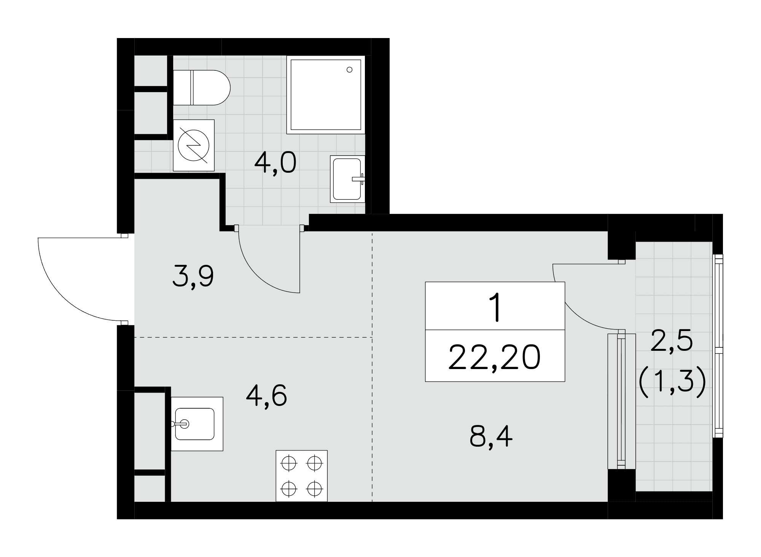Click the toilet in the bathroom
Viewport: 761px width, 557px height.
(202, 88)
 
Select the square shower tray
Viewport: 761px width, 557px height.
(326, 95)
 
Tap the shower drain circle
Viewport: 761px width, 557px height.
(349, 70)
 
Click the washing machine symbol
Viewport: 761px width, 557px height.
(194, 145)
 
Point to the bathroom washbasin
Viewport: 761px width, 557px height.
(347, 179)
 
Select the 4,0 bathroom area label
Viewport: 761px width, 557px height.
(275, 163)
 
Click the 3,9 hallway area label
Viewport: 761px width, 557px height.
(193, 277)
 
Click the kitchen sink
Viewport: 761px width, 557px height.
(197, 424)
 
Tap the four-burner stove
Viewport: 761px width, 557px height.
(301, 476)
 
